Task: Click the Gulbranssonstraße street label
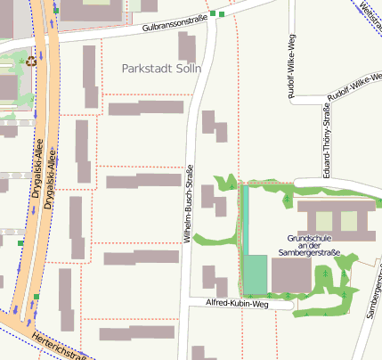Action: coord(168,26)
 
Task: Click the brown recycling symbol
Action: coord(31,61)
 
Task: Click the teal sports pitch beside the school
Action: coord(256,274)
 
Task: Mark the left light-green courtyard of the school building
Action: coord(324,221)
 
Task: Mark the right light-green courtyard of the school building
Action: coord(349,221)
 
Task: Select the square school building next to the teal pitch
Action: coord(291,275)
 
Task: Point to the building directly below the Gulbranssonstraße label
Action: coord(187,47)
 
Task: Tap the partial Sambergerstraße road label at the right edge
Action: coord(373,295)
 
